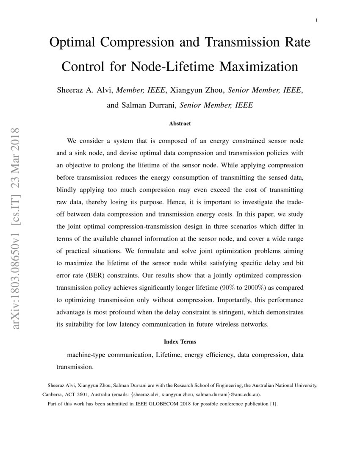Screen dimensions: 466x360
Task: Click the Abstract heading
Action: coord(180,124)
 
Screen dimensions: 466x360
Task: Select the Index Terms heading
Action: coord(180,341)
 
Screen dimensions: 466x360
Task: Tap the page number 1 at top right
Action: coord(316,20)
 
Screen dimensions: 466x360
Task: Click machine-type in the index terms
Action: coord(86,355)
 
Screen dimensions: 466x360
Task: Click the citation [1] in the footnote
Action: coord(274,404)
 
